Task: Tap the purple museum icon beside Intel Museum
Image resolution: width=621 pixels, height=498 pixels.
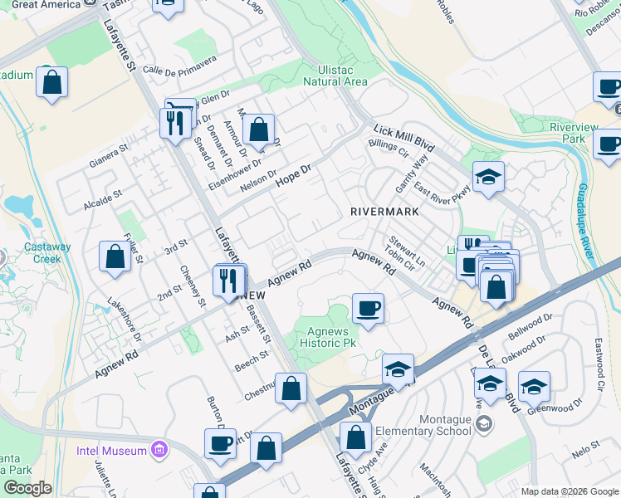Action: click(x=159, y=451)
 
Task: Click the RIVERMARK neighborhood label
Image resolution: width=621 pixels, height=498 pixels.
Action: click(x=384, y=212)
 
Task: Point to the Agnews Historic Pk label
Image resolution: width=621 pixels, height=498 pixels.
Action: click(x=327, y=337)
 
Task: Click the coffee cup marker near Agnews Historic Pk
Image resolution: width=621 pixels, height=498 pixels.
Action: click(x=368, y=310)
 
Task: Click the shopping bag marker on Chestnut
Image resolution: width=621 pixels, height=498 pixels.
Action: click(x=291, y=388)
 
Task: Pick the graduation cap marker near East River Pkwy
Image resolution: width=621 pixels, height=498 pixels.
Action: click(x=488, y=177)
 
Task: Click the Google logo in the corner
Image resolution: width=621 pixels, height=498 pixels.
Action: click(x=27, y=488)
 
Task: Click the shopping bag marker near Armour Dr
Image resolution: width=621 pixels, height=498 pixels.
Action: click(x=259, y=129)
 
